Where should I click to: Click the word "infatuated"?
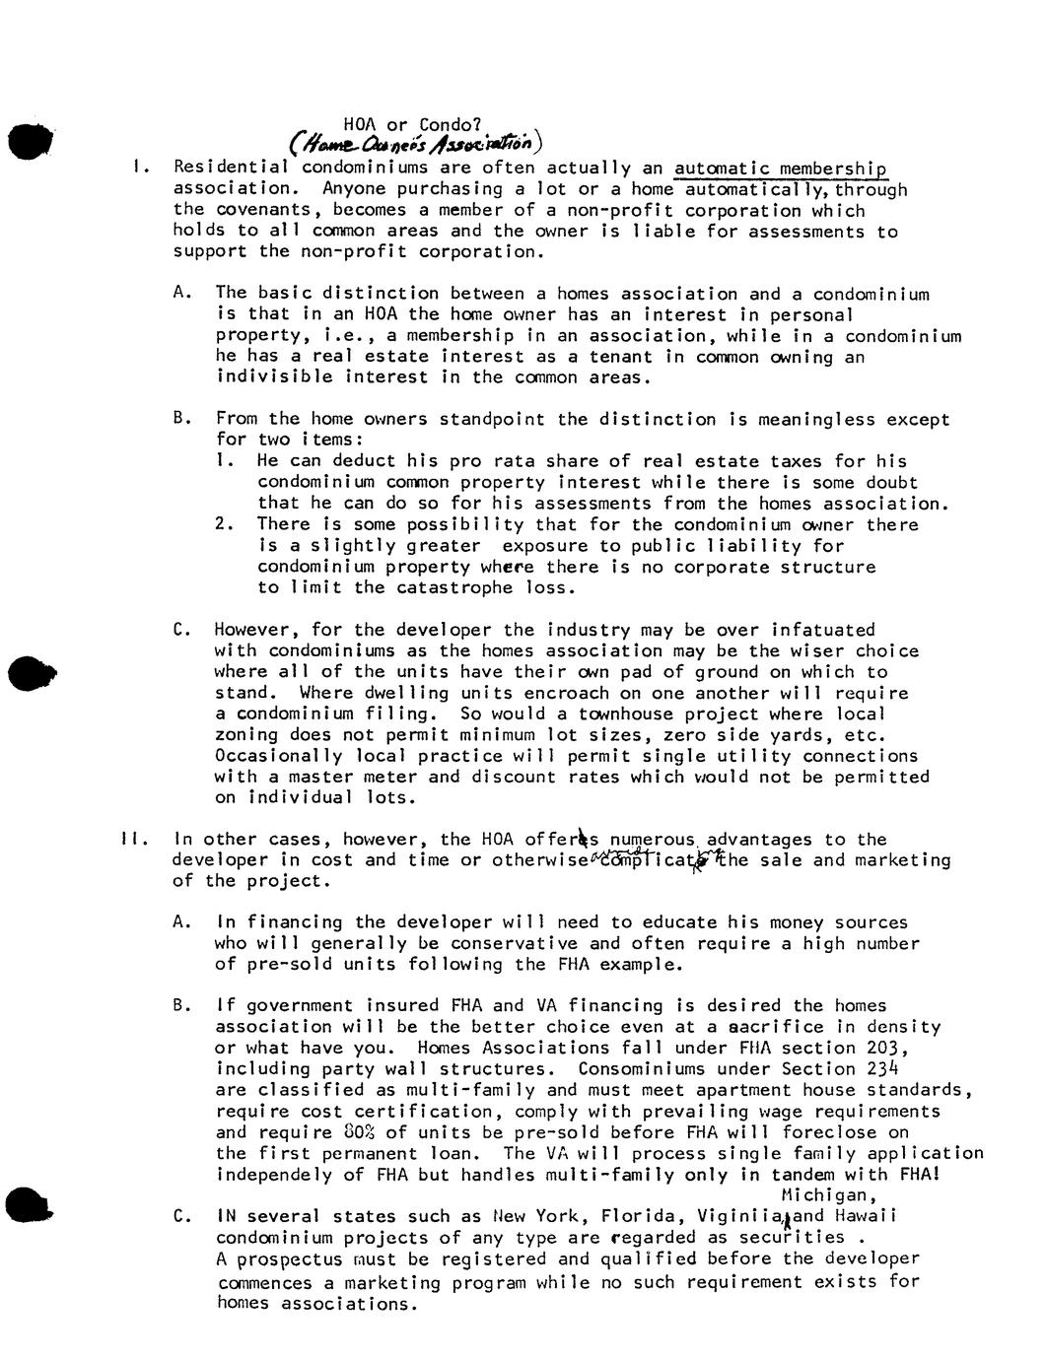tap(823, 630)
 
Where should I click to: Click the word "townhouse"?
tap(631, 714)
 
